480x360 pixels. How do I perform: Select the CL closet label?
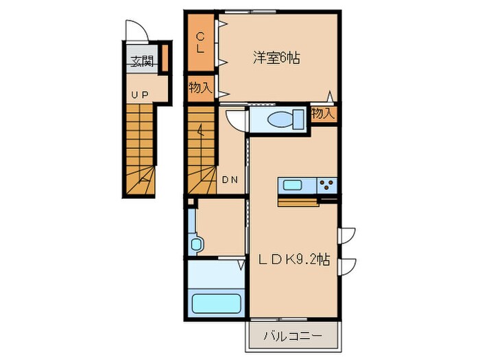coord(200,43)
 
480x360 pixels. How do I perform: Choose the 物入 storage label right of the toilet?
coord(323,114)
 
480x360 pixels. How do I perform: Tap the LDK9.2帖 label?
coord(294,260)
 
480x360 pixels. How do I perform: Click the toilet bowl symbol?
coord(283,118)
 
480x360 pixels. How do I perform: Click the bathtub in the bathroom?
coord(215,302)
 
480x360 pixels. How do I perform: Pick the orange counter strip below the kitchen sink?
coord(298,202)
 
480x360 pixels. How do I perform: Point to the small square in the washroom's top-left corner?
coord(192,204)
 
